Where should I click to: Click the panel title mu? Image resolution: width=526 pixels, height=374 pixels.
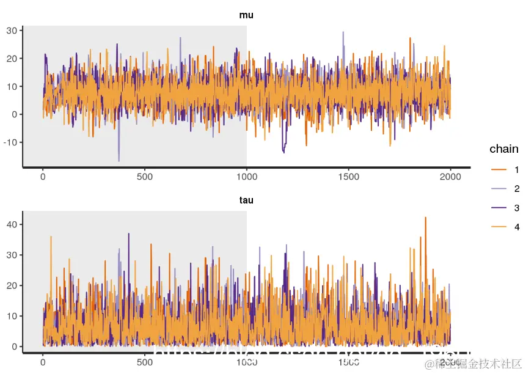[246, 15]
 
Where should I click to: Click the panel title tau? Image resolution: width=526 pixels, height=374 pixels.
[246, 200]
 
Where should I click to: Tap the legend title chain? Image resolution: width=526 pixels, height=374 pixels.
[504, 149]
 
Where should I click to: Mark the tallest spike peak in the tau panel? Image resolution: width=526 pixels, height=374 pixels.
[425, 218]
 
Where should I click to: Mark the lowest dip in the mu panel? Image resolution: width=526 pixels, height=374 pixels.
[119, 161]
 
